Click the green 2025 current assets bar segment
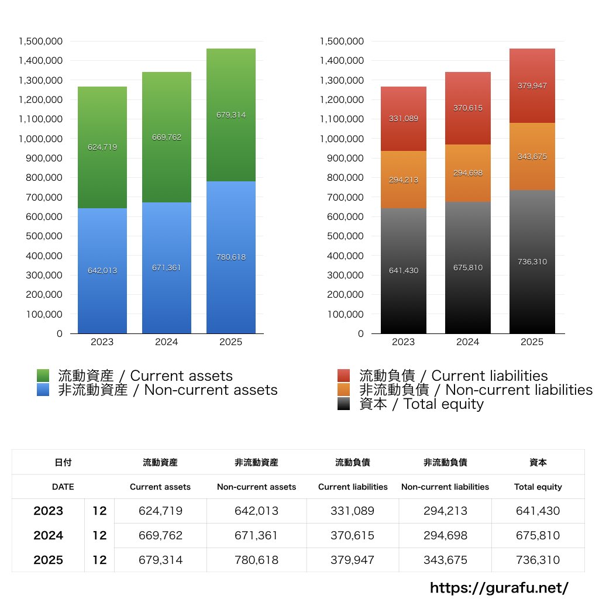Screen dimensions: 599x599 pyautogui.click(x=231, y=140)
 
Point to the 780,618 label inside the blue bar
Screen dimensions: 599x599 pyautogui.click(x=231, y=257)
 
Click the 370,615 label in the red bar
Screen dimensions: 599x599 pyautogui.click(x=468, y=108)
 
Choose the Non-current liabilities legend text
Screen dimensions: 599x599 pyautogui.click(x=476, y=390)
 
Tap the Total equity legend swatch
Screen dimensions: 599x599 pyautogui.click(x=344, y=404)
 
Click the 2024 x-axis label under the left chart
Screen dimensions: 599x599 pyautogui.click(x=167, y=342)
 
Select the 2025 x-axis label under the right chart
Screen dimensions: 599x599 pyautogui.click(x=532, y=342)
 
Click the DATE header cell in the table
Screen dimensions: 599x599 pyautogui.click(x=63, y=487)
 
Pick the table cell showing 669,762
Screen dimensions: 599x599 pyautogui.click(x=160, y=535)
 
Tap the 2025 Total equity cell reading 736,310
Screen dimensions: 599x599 pyautogui.click(x=538, y=560)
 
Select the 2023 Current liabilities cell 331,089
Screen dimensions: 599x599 pyautogui.click(x=353, y=511)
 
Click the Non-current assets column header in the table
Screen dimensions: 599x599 pyautogui.click(x=256, y=487)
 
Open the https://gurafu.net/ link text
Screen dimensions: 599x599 pyautogui.click(x=499, y=587)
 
